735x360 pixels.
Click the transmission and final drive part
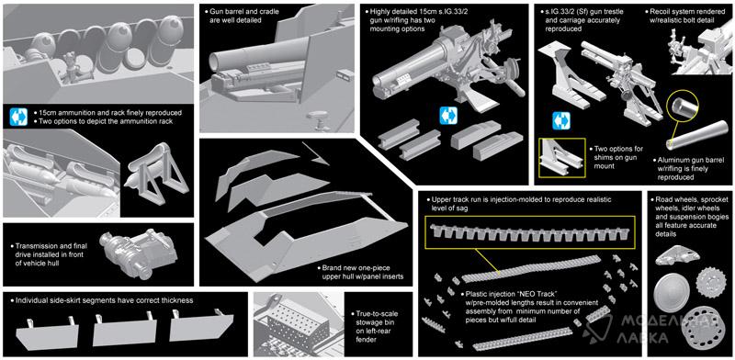139,253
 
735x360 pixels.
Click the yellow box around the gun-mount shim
562,158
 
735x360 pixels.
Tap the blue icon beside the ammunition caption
18,117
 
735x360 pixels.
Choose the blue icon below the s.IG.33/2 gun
448,116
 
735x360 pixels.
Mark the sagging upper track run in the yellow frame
530,233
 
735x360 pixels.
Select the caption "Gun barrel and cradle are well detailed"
243,16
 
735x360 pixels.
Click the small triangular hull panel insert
315,153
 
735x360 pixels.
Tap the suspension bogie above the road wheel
678,256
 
